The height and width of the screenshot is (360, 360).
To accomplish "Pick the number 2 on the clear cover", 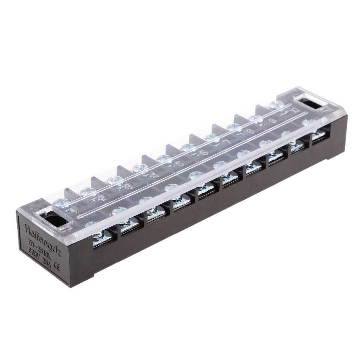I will (x=102, y=198).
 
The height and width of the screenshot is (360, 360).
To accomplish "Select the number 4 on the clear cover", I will (x=155, y=175).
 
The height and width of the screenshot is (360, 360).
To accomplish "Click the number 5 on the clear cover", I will (x=180, y=163).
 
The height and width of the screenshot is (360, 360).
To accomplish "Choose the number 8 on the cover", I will (x=250, y=132).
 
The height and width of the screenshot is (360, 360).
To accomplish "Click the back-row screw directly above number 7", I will (x=211, y=137).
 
